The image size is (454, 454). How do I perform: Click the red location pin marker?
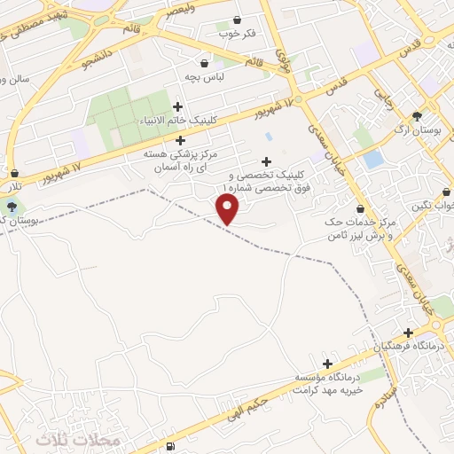pos(228,208)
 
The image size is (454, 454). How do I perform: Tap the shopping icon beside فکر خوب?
pos(236,20)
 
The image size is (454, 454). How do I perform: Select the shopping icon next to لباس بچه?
pos(205,63)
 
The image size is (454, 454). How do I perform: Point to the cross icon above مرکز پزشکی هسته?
pos(181,140)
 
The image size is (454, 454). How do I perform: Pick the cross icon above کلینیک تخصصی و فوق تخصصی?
pos(266,160)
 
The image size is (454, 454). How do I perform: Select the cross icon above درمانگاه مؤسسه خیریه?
pos(327,364)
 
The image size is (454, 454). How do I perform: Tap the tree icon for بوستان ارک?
pos(417,116)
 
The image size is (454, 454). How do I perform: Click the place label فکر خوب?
pos(237,34)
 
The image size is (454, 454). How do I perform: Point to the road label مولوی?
pos(283,59)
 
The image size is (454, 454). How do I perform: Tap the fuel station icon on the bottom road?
pos(169,445)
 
